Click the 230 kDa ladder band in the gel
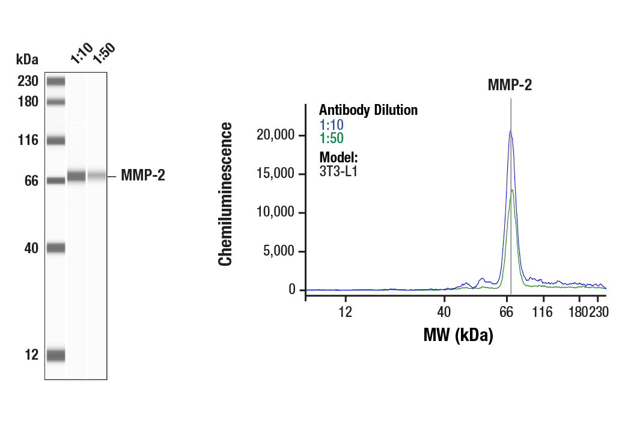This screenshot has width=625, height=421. click(56, 81)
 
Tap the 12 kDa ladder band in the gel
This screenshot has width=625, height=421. click(56, 355)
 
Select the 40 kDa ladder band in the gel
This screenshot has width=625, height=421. click(56, 248)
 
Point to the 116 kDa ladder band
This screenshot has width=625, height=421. click(56, 141)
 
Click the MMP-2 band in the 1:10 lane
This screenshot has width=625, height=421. click(76, 176)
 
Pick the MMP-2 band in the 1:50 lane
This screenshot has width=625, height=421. click(96, 176)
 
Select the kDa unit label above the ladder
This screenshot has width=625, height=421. click(27, 60)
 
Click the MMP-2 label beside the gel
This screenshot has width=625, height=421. click(142, 176)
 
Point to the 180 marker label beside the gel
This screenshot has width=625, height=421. click(28, 102)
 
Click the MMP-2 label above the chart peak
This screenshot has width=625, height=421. click(510, 85)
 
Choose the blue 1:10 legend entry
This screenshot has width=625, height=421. click(331, 125)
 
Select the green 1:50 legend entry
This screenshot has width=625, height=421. click(331, 138)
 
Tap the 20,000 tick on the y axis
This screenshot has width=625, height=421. click(276, 135)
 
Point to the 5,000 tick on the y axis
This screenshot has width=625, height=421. click(279, 251)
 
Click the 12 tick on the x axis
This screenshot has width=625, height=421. click(345, 312)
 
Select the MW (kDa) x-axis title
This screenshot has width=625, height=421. click(459, 334)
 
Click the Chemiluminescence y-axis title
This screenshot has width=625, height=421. click(225, 194)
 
